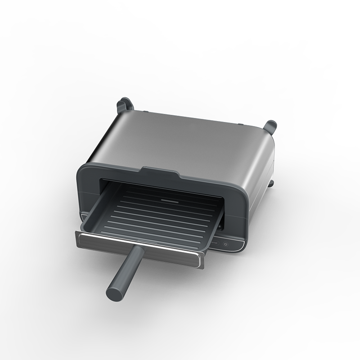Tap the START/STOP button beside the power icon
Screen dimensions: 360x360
click(x=215, y=244)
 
